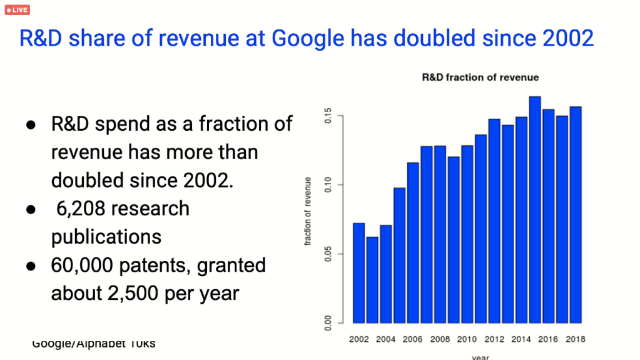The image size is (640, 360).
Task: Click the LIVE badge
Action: tap(17, 10)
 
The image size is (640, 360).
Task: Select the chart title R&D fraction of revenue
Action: tap(480, 78)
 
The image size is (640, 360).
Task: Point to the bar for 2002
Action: tap(359, 273)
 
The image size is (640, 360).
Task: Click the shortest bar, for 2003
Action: tap(372, 280)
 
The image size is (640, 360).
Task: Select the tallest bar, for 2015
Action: tap(535, 210)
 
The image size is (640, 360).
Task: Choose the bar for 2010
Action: tap(467, 234)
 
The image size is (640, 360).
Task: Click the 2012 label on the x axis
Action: tap(494, 339)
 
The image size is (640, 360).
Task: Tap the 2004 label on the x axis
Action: tap(386, 339)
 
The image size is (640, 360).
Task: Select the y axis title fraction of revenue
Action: tap(308, 211)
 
